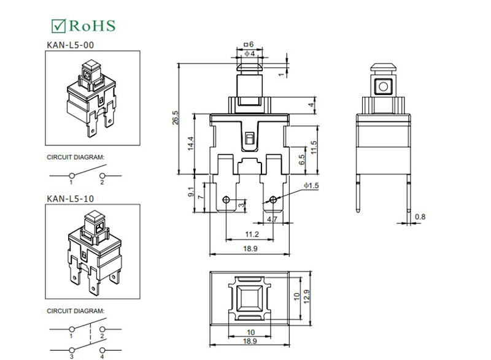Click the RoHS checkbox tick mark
click(x=58, y=26)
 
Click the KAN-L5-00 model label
click(x=71, y=45)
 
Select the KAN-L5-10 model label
click(x=71, y=199)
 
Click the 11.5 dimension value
click(x=314, y=148)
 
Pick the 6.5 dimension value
click(x=301, y=160)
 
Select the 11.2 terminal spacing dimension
click(x=252, y=234)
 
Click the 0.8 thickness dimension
click(x=420, y=216)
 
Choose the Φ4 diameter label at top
click(x=250, y=53)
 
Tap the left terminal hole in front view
click(x=226, y=199)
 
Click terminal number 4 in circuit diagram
click(x=102, y=356)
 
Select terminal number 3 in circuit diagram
click(x=71, y=356)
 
